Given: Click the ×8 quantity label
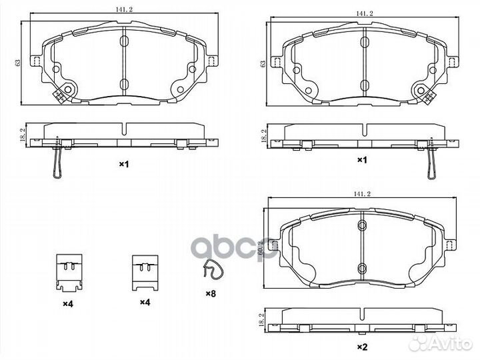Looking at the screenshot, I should (210, 293).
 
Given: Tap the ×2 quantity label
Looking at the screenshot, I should (363, 346).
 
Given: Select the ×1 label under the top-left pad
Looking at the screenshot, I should (123, 163).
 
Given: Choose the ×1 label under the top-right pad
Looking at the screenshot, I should (362, 160).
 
